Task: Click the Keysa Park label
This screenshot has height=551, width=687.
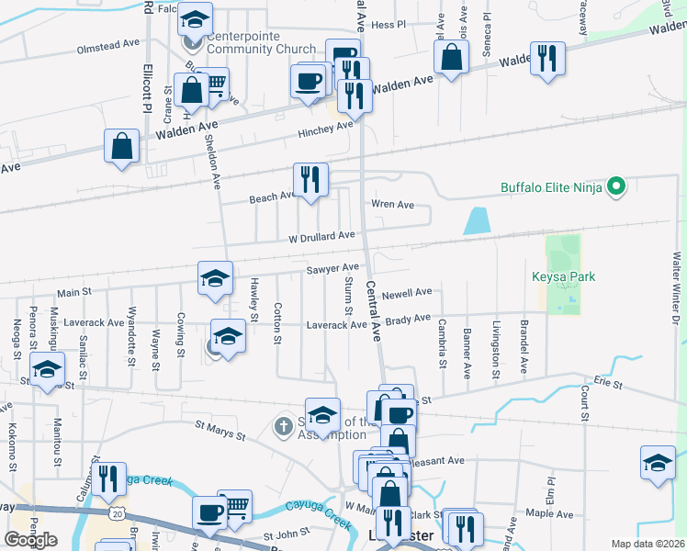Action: tap(563, 276)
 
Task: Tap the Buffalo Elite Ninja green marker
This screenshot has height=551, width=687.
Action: tap(617, 187)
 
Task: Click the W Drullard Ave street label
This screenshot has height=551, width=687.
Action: tap(321, 236)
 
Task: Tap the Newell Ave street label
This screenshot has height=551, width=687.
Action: tap(407, 293)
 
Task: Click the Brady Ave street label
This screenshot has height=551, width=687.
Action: tap(408, 319)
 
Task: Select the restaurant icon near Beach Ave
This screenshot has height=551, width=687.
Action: tap(310, 179)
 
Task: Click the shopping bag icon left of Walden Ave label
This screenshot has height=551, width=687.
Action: tap(122, 147)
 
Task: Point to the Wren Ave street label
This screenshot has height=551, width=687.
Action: tap(392, 204)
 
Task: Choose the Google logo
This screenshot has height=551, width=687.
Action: tap(30, 540)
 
